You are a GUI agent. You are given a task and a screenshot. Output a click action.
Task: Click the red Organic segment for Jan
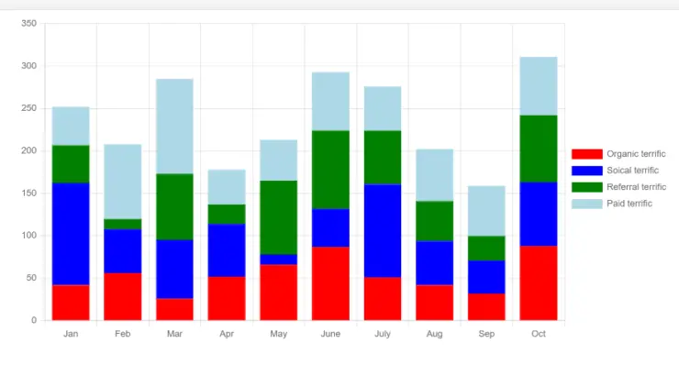click(71, 302)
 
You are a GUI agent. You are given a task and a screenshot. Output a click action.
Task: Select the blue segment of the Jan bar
click(71, 233)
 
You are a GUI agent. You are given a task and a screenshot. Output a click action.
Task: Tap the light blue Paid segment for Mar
click(174, 126)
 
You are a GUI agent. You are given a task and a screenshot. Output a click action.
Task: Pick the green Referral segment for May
click(279, 217)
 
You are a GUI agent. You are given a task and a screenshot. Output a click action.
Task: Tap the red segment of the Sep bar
click(486, 306)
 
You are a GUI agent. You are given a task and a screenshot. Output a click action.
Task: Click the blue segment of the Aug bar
click(434, 262)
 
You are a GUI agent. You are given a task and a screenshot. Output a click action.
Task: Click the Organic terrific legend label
click(636, 154)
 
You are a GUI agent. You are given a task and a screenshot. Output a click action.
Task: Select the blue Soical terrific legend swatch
click(586, 171)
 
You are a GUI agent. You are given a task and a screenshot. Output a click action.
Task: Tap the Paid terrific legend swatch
click(586, 204)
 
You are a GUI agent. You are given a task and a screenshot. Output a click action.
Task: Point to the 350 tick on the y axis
click(28, 24)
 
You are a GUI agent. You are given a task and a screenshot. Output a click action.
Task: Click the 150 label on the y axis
click(28, 194)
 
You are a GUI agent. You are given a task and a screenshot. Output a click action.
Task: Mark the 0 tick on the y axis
click(33, 320)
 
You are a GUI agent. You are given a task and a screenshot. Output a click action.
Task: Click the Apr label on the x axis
click(227, 334)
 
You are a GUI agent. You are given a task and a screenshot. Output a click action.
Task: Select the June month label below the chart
click(330, 334)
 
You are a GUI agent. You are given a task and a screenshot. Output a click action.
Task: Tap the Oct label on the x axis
click(539, 334)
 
